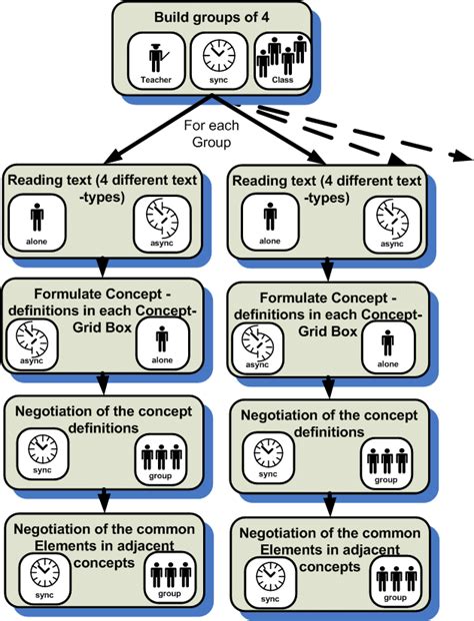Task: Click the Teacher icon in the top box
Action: click(156, 61)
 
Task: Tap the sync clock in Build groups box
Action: click(219, 61)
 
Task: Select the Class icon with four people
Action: click(282, 61)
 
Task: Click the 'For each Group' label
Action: click(211, 134)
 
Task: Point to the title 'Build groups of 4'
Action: click(211, 17)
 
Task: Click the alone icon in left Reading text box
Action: click(37, 223)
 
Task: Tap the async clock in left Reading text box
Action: click(162, 224)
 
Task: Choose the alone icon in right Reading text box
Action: click(270, 223)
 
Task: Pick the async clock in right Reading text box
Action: click(392, 225)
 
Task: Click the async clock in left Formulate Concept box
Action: click(32, 344)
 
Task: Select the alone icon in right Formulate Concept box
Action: click(388, 346)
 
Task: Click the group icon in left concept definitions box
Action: click(160, 459)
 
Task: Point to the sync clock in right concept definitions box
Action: click(268, 458)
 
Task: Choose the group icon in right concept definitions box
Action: click(386, 463)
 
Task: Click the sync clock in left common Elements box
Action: click(45, 578)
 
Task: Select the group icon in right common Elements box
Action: click(396, 581)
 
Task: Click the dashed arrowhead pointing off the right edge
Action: click(463, 156)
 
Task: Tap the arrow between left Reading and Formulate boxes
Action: click(103, 267)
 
